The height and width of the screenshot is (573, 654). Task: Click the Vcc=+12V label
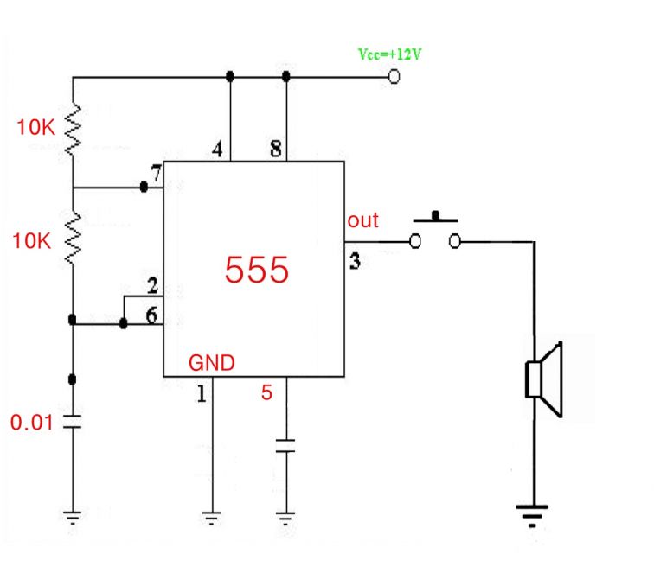[x=390, y=54]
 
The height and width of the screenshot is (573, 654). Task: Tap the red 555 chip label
[x=256, y=271]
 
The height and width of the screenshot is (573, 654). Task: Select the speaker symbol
[x=545, y=380]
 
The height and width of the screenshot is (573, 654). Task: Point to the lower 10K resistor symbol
[x=73, y=239]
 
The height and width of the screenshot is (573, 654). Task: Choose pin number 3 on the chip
[x=355, y=260]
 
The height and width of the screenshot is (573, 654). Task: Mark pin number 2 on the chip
[x=152, y=286]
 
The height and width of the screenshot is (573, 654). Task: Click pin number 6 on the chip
[x=152, y=315]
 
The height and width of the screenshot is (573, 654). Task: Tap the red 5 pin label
[x=267, y=393]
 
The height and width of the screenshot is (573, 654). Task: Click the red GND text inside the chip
[x=212, y=363]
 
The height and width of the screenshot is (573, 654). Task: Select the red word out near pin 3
[x=362, y=220]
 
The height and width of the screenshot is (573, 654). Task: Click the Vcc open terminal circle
[x=394, y=77]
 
